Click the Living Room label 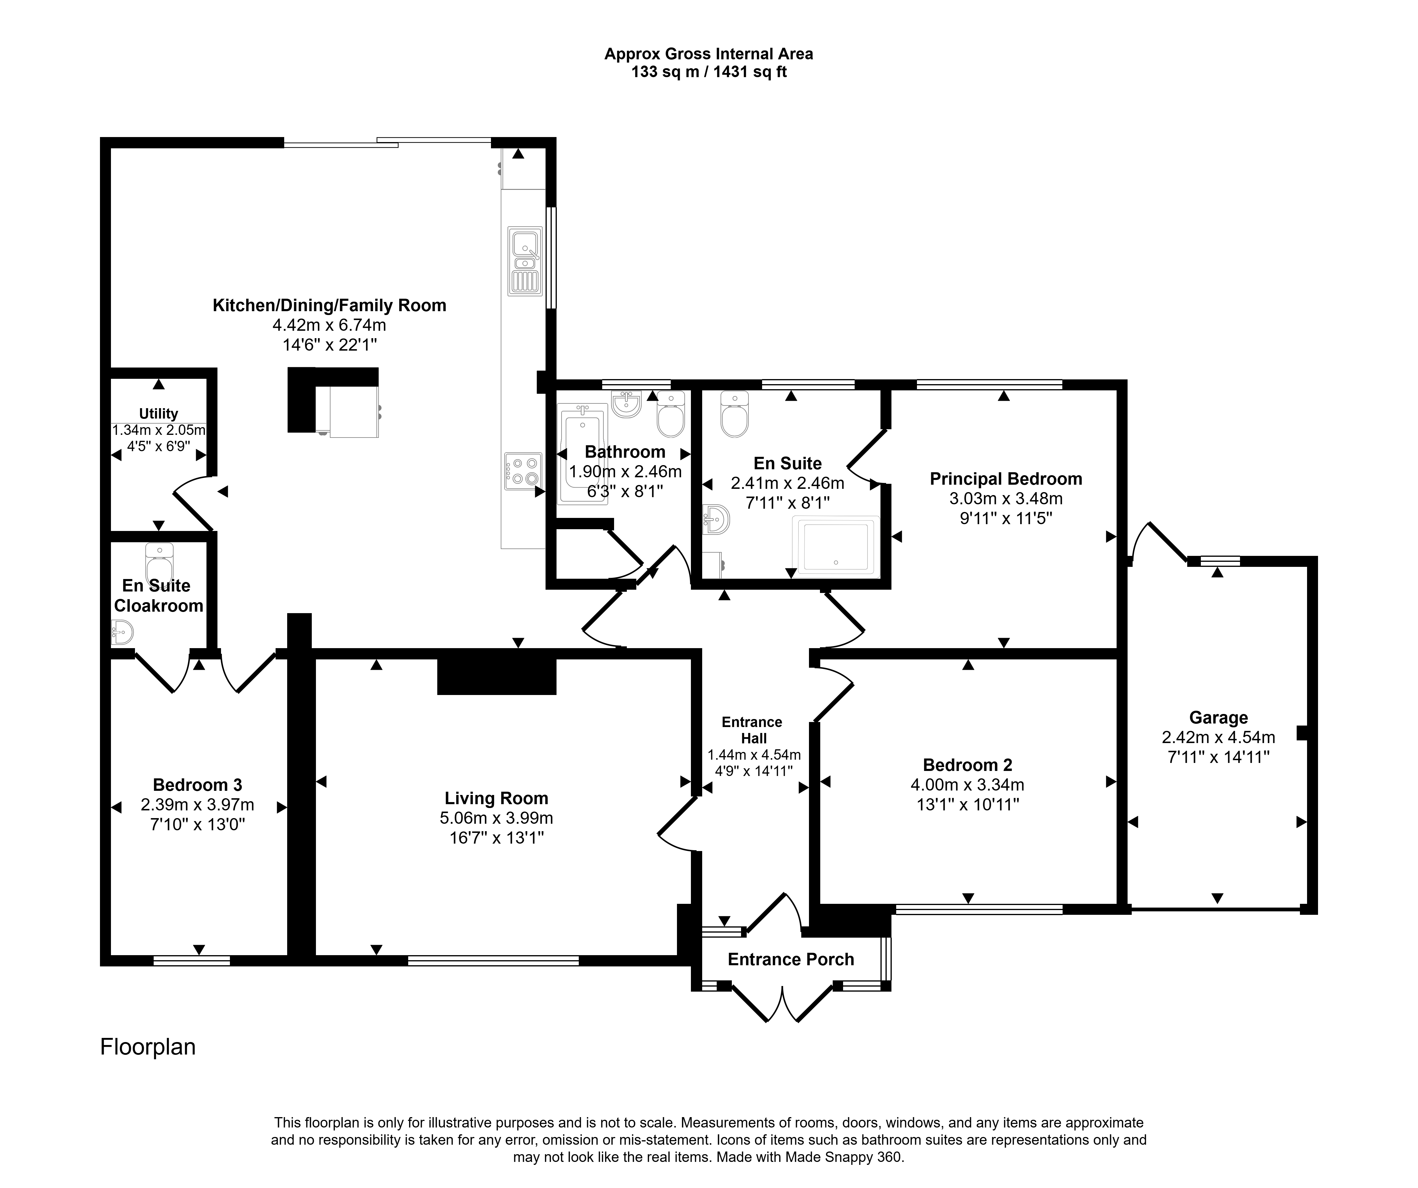click(496, 799)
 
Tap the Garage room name click(1218, 718)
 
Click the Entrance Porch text click(791, 959)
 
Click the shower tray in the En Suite click(836, 547)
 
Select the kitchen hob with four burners click(523, 471)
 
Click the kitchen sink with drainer click(525, 261)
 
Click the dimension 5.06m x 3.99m click(496, 818)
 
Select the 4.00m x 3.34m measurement click(967, 784)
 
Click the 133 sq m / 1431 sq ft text click(709, 71)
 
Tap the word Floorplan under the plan click(148, 1047)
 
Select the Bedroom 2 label click(968, 765)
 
